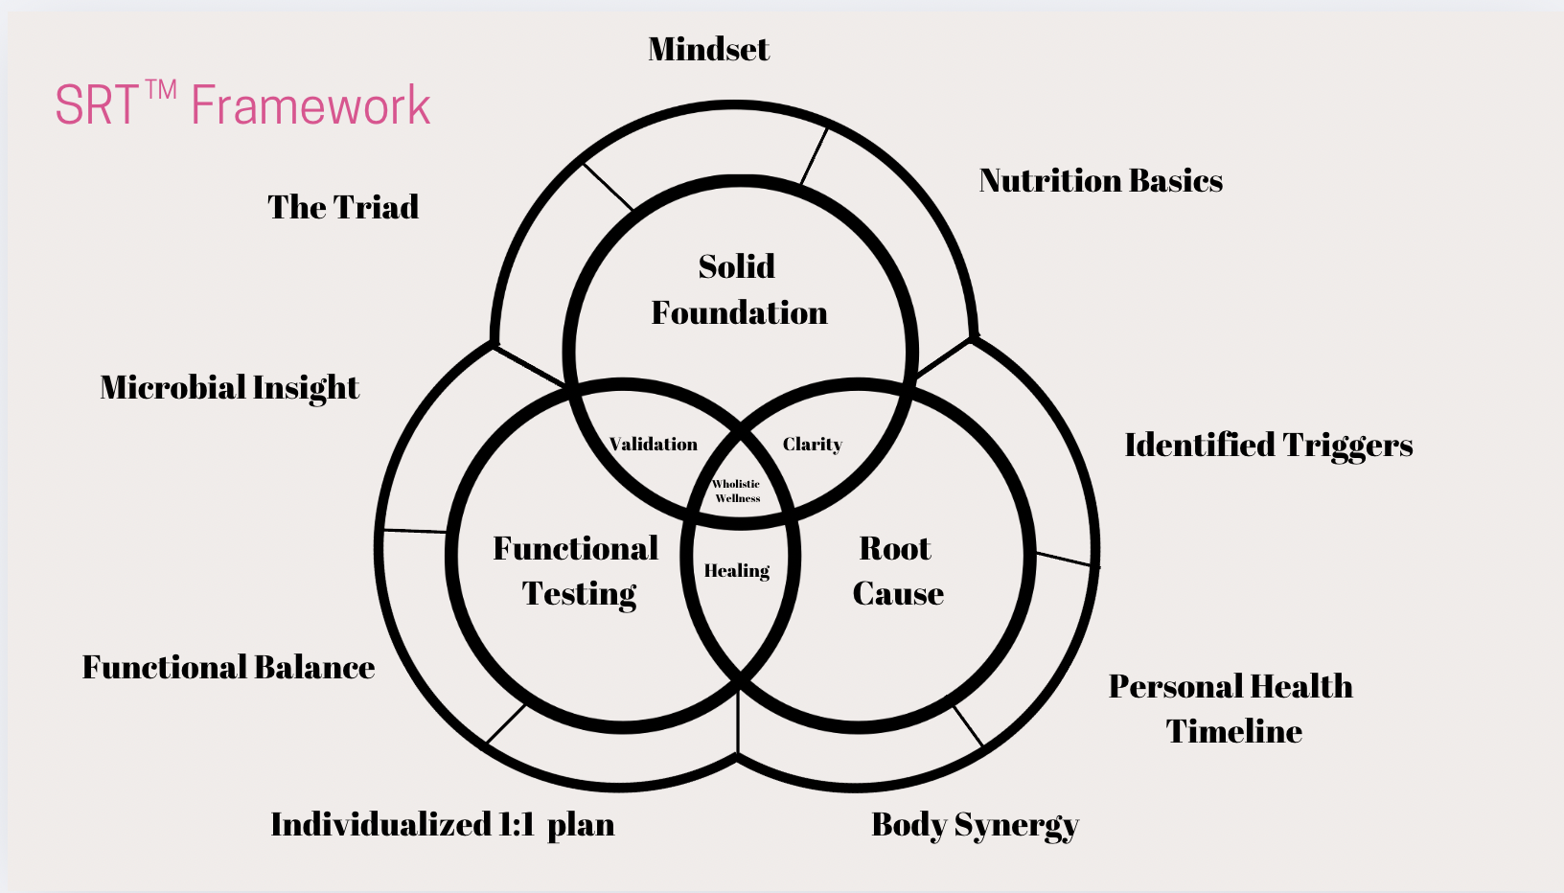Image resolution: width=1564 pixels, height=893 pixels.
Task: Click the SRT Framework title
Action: [x=242, y=104]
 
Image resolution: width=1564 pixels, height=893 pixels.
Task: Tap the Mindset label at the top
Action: [x=708, y=49]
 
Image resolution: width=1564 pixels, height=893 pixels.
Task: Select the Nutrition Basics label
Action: [x=1100, y=180]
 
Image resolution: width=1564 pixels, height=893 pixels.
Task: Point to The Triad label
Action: [x=343, y=207]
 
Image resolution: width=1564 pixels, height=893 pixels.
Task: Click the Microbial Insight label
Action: [x=229, y=387]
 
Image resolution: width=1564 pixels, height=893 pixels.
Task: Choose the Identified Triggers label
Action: [x=1268, y=445]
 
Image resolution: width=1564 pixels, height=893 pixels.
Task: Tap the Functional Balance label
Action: [x=228, y=667]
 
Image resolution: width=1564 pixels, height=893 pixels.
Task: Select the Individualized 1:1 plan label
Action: [x=442, y=824]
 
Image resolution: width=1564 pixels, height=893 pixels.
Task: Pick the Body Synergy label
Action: [x=975, y=824]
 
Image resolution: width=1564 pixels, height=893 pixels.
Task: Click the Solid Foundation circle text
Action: [x=738, y=289]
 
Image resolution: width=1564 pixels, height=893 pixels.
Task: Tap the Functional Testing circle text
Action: [x=577, y=571]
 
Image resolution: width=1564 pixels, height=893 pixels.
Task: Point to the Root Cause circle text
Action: [x=897, y=571]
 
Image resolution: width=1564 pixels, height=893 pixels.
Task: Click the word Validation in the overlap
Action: [x=654, y=445]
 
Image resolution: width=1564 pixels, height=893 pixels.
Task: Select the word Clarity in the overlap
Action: [x=812, y=445]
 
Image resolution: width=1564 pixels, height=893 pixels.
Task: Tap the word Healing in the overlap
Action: [x=737, y=571]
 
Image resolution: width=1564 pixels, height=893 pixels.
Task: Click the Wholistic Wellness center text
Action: [x=737, y=491]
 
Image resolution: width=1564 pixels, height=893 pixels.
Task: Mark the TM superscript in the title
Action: [x=161, y=90]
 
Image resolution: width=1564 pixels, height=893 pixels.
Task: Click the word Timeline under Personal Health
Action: [x=1233, y=731]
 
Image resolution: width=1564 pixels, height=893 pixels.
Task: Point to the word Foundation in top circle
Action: [x=739, y=313]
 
